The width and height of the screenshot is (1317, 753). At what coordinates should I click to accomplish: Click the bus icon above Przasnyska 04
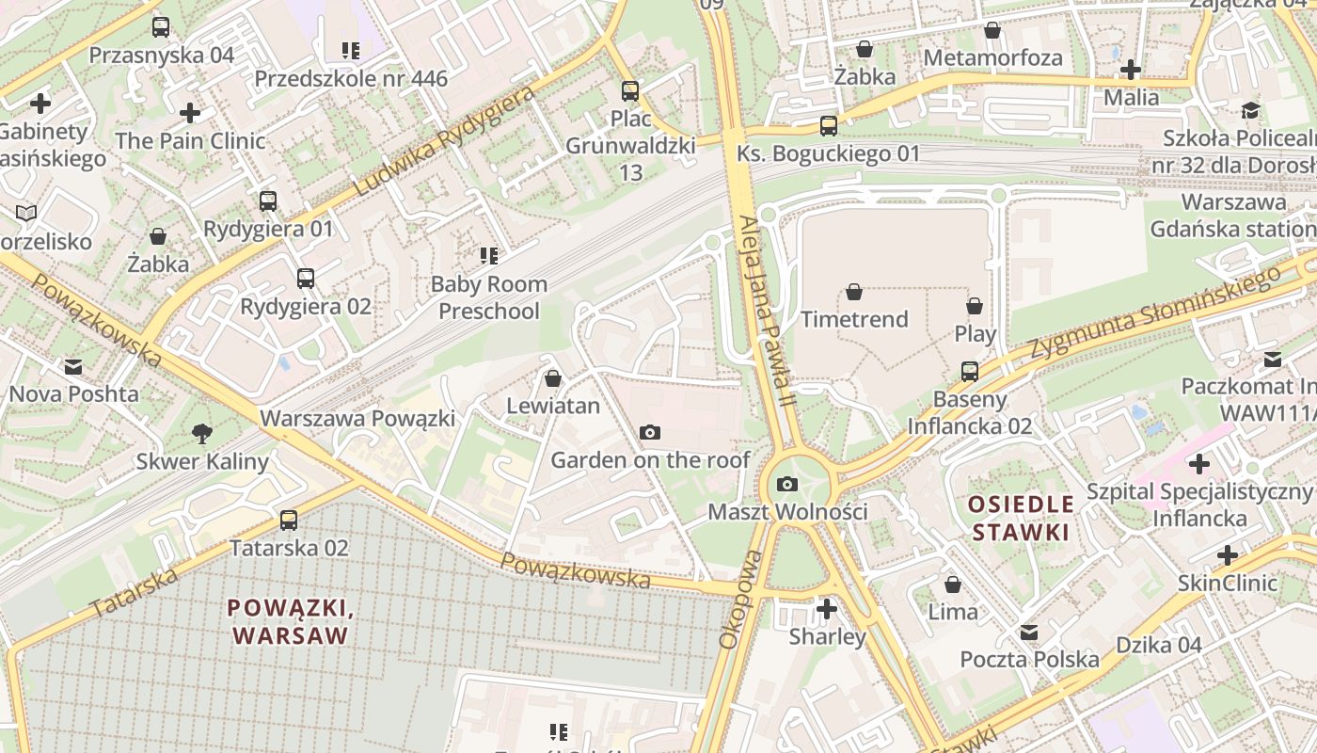point(161,27)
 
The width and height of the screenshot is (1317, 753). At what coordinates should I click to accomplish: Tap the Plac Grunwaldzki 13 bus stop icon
point(630,91)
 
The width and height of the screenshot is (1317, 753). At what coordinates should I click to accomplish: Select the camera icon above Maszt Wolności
point(787,485)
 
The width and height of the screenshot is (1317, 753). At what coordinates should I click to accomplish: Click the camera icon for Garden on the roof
point(649,433)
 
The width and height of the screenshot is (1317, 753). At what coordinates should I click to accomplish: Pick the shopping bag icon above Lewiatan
point(553,378)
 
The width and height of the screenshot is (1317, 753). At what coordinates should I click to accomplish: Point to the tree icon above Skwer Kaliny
point(201,434)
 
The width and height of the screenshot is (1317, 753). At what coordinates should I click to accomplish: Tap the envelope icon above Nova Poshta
point(73,366)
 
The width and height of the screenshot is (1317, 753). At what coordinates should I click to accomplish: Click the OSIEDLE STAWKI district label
point(1021,518)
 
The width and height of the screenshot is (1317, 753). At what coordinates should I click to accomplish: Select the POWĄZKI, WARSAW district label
point(291,621)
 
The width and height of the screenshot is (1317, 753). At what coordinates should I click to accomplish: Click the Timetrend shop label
point(854,319)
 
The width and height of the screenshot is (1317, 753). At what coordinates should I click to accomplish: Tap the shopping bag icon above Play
point(975,306)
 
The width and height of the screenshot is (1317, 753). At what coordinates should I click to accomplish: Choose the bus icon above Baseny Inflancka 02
point(970,372)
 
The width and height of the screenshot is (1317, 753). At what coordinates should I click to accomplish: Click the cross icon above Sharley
point(827,609)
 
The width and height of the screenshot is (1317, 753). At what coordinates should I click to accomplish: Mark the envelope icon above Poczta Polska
point(1029,632)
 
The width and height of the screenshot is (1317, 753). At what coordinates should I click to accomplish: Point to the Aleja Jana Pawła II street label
point(768,303)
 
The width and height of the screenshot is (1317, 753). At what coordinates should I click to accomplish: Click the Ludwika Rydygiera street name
point(443,142)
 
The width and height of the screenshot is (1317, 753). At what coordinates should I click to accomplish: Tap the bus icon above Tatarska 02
point(289,521)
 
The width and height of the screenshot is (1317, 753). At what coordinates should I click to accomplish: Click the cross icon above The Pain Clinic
point(190,113)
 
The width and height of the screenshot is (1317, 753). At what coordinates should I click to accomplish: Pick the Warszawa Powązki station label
point(357,418)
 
